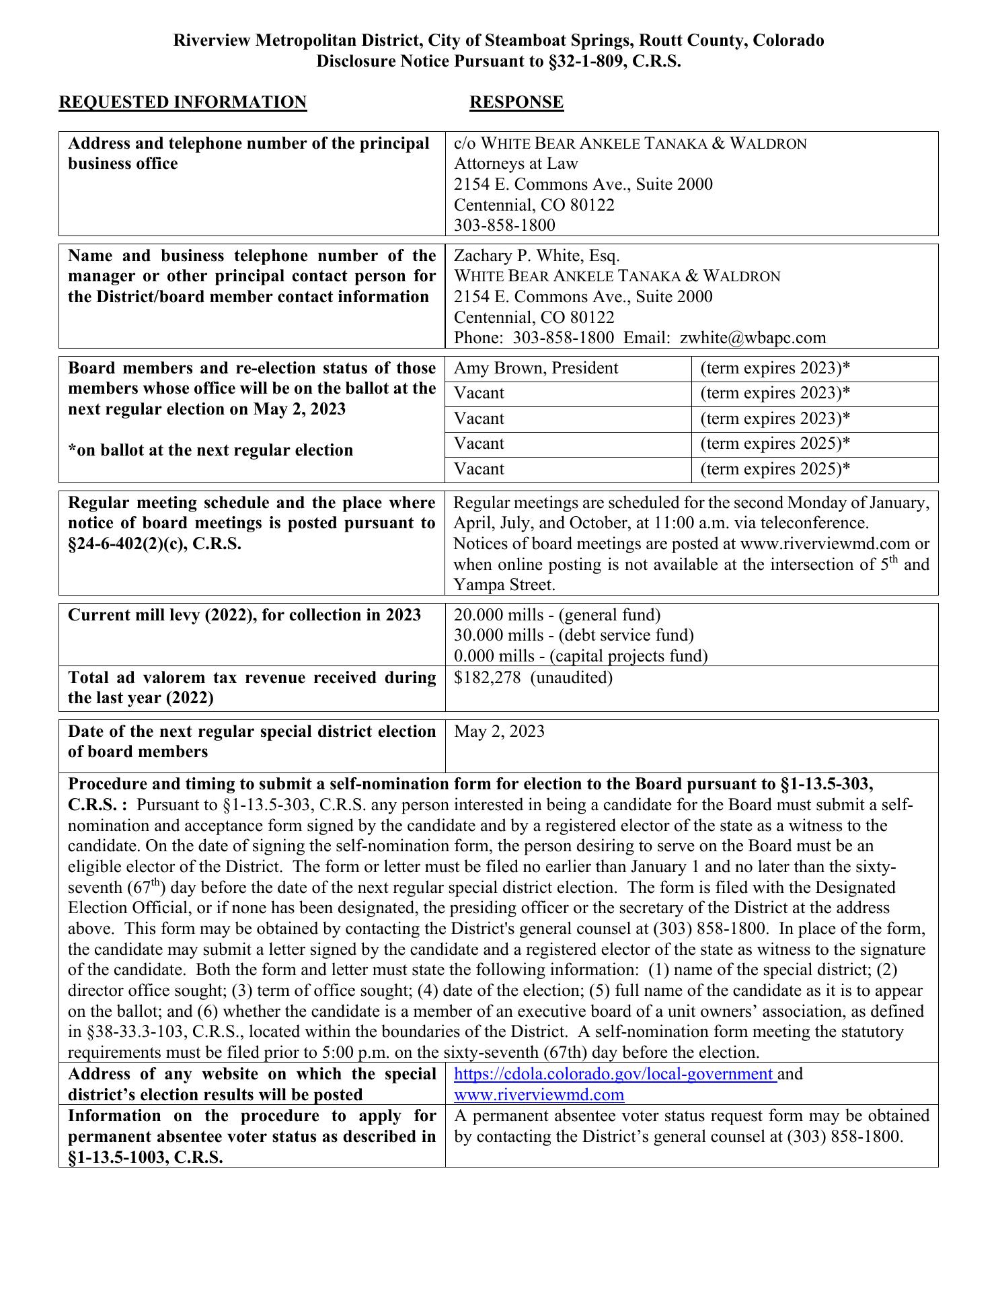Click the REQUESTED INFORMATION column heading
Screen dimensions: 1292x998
pyautogui.click(x=183, y=102)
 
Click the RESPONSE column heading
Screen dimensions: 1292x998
pyautogui.click(x=516, y=102)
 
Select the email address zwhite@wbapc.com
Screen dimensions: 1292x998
pyautogui.click(x=753, y=338)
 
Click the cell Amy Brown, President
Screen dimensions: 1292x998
pyautogui.click(x=536, y=368)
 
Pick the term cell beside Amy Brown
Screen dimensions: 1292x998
pyautogui.click(x=775, y=368)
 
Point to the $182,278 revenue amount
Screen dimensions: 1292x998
pyautogui.click(x=488, y=678)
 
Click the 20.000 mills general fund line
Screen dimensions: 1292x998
pyautogui.click(x=558, y=615)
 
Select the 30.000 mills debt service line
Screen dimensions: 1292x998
pyautogui.click(x=574, y=635)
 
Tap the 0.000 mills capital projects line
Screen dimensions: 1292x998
pyautogui.click(x=580, y=656)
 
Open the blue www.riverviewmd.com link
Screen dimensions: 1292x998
pyautogui.click(x=539, y=1095)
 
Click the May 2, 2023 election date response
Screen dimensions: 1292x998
pyautogui.click(x=499, y=731)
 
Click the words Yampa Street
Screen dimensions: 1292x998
pyautogui.click(x=504, y=585)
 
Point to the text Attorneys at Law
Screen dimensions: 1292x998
pyautogui.click(x=516, y=164)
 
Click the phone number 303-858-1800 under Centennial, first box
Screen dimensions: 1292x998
pyautogui.click(x=504, y=225)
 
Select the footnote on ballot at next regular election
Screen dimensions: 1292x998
pyautogui.click(x=210, y=450)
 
